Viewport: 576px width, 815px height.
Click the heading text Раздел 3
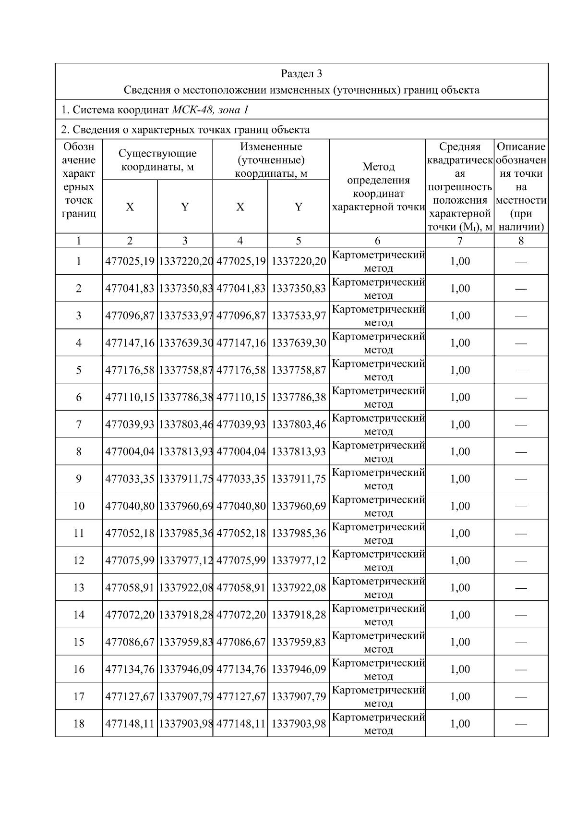[301, 73]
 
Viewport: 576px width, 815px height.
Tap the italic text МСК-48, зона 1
[210, 110]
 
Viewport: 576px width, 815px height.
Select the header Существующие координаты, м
[157, 160]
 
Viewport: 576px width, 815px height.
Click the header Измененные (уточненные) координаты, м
[271, 160]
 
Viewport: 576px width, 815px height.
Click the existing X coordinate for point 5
[130, 370]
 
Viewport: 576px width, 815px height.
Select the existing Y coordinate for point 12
[185, 560]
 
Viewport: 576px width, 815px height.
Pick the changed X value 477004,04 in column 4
[240, 452]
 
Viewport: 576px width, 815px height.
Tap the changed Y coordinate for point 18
[299, 724]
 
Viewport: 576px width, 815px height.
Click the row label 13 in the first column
[79, 588]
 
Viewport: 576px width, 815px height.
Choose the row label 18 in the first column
[79, 724]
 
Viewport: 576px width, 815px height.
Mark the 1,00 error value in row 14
[460, 615]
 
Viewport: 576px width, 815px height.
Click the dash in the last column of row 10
[521, 507]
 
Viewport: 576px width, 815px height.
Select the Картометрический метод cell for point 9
[378, 479]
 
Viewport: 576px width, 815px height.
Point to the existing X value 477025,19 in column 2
[130, 262]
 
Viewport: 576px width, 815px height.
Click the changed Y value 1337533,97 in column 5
[299, 316]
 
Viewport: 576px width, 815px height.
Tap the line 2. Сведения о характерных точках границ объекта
[185, 130]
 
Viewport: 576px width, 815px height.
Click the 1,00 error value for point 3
[460, 316]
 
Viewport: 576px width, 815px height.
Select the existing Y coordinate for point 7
[185, 425]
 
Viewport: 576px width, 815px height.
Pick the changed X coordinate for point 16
[240, 669]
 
